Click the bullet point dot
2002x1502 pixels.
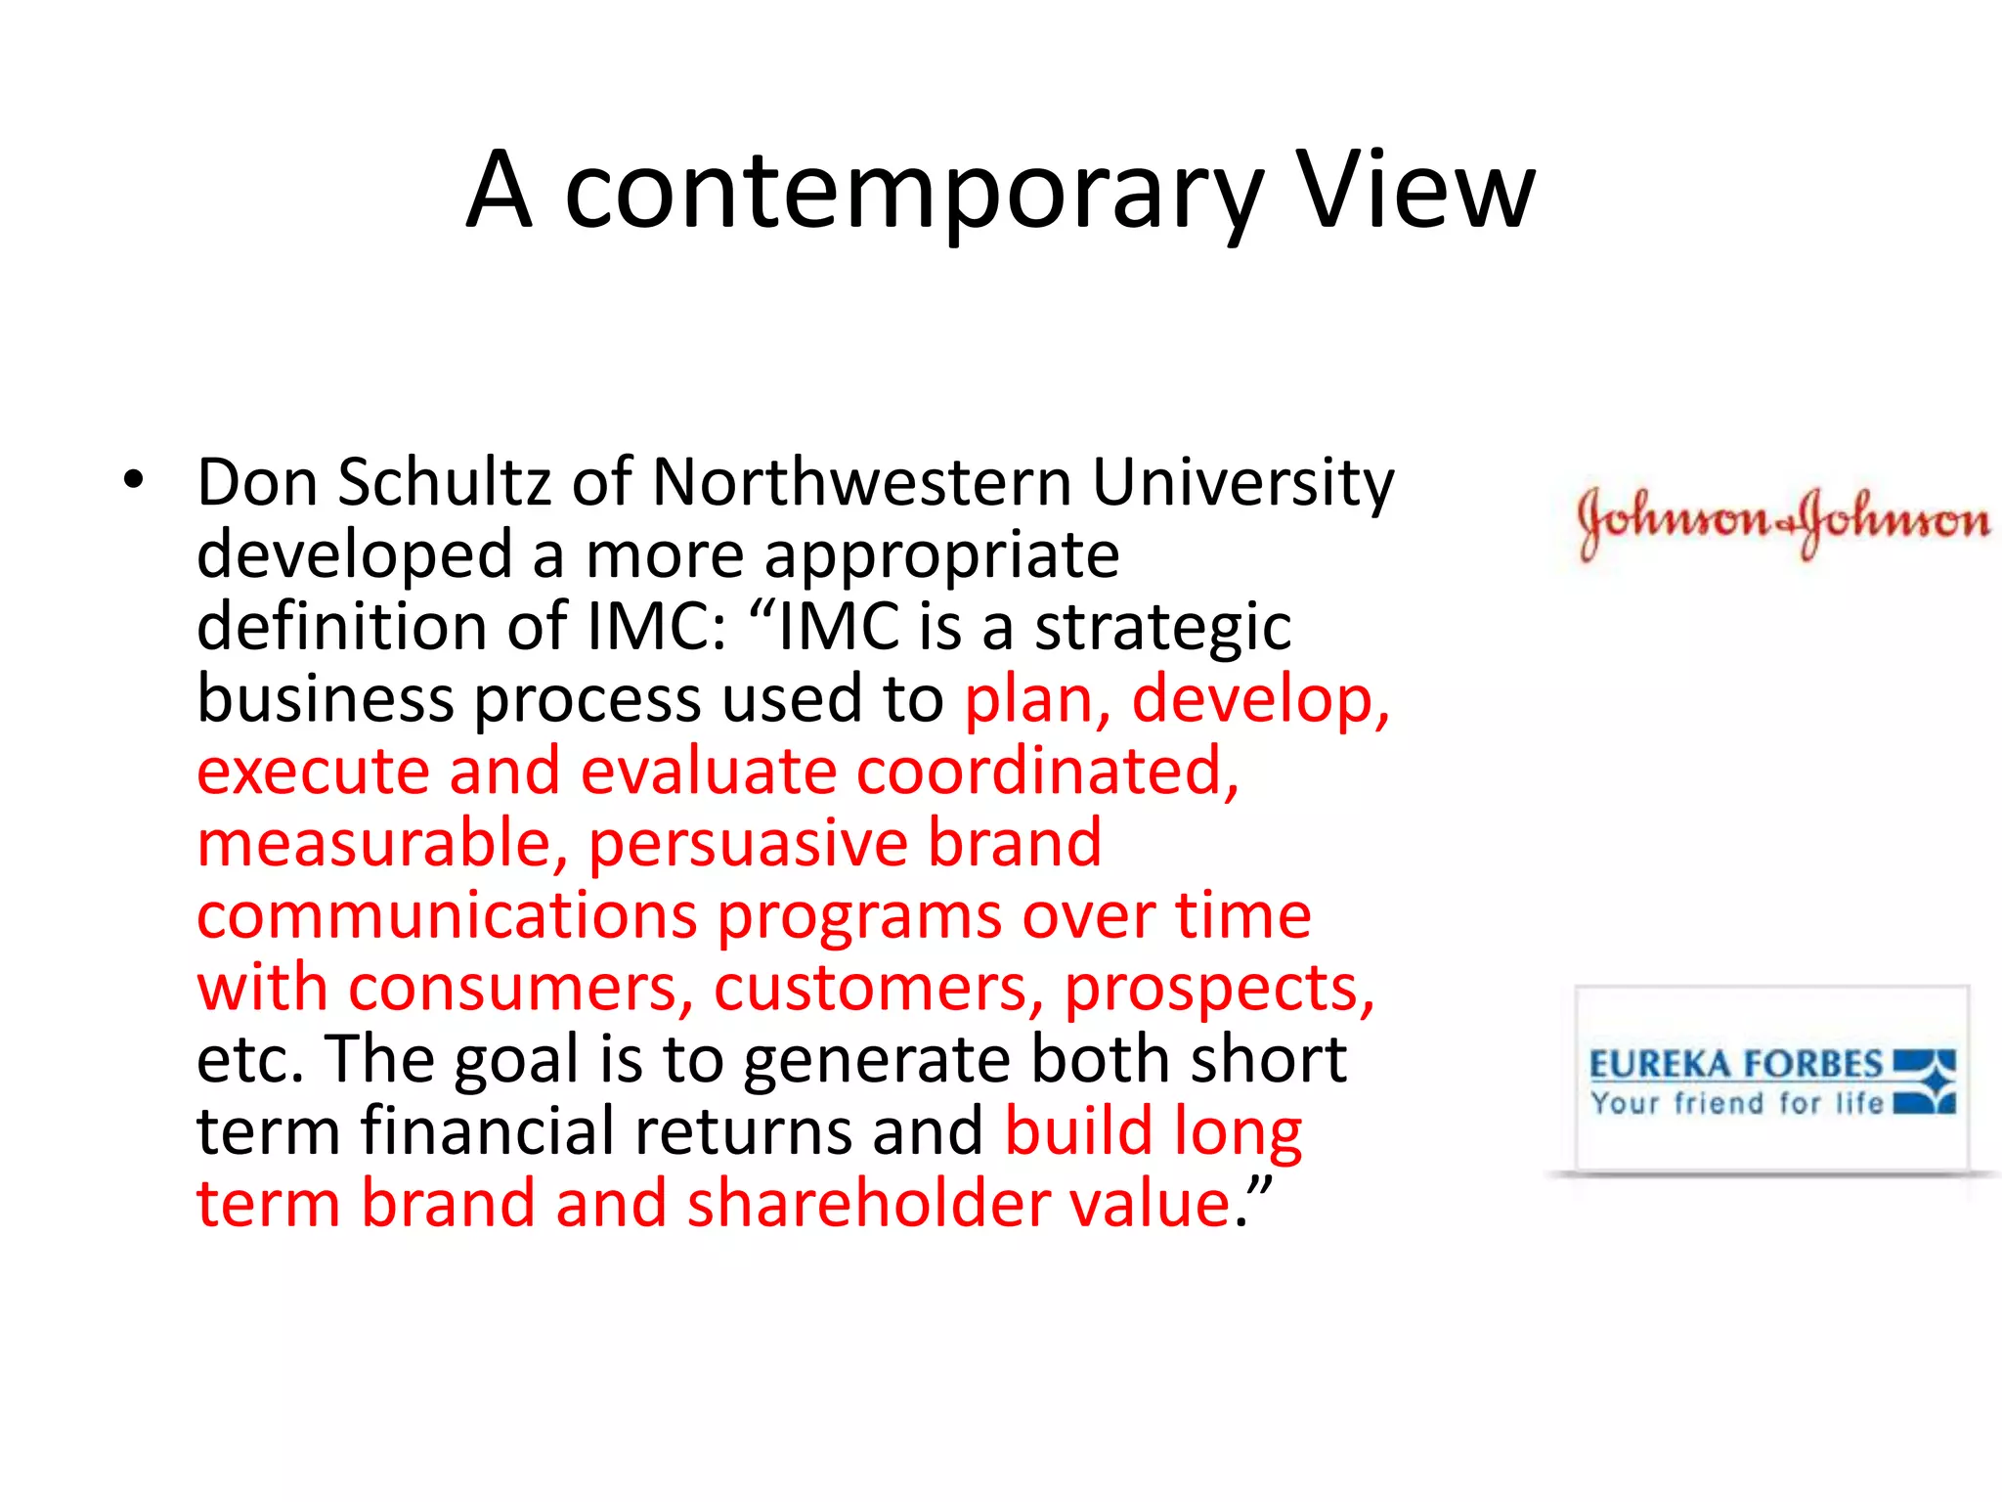coord(134,480)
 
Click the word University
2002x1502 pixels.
coord(1242,484)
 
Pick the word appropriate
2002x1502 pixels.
coord(941,555)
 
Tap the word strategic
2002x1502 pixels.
coord(1163,628)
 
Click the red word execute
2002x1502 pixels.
coord(313,772)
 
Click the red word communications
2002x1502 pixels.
coord(447,916)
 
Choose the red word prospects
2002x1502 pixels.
coord(1218,990)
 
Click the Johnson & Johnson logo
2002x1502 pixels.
coord(1782,521)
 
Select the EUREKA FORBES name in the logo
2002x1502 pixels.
coord(1735,1064)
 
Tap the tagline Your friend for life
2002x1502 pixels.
coord(1735,1104)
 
